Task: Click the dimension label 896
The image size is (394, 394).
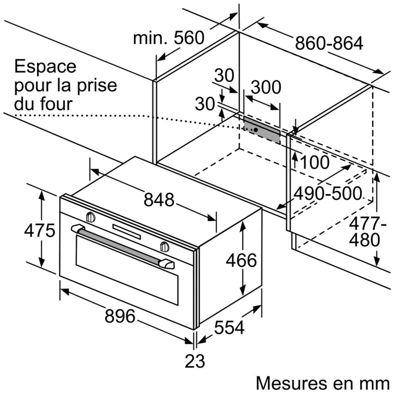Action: [120, 316]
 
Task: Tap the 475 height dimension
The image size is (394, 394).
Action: [39, 230]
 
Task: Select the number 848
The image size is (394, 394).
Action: [159, 200]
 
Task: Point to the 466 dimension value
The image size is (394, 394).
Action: [241, 260]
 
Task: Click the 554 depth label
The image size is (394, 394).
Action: [229, 328]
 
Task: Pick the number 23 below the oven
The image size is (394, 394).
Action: [195, 361]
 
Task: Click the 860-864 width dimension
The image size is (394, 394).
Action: [329, 43]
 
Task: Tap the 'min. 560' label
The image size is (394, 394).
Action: [168, 38]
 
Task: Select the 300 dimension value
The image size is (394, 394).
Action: [266, 87]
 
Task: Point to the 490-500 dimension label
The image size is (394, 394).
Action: [328, 193]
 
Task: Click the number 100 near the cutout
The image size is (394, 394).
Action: [315, 162]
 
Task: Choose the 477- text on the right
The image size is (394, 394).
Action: [368, 223]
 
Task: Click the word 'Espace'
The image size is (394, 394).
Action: [45, 66]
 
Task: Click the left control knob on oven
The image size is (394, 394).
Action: [91, 217]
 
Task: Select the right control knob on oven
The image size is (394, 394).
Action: [165, 246]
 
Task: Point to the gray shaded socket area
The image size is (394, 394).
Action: [262, 130]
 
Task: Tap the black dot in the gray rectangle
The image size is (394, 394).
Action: [255, 130]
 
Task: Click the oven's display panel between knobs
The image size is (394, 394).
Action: [126, 231]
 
